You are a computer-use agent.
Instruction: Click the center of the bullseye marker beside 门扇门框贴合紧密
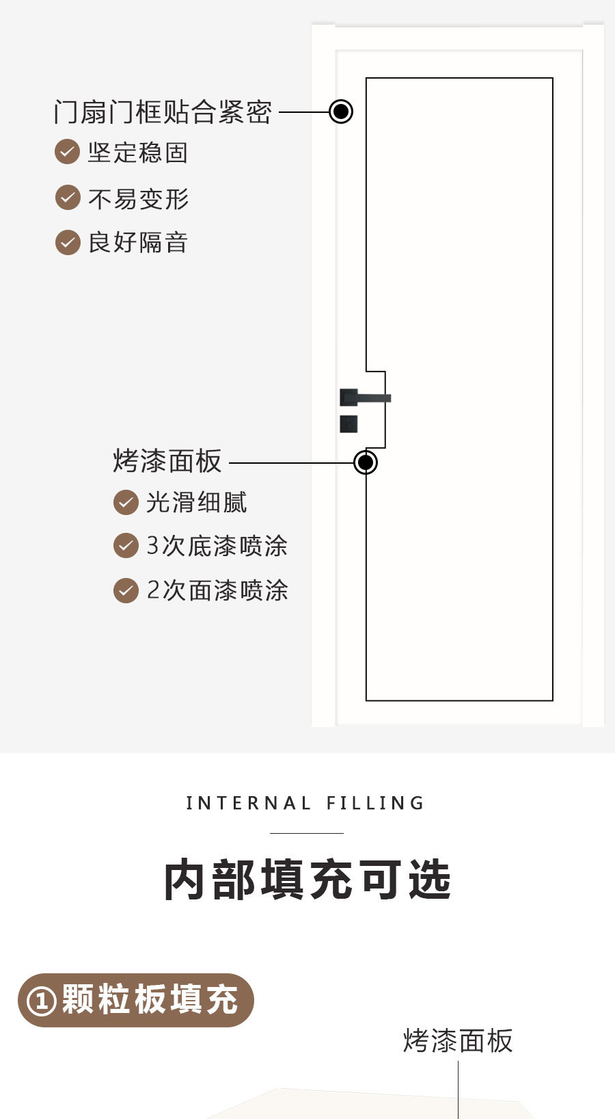pyautogui.click(x=341, y=111)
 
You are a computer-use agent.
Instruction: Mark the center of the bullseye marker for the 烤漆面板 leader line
pyautogui.click(x=366, y=462)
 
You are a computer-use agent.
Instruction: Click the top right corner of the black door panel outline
pyautogui.click(x=553, y=78)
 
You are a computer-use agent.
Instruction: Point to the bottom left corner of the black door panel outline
pyautogui.click(x=366, y=700)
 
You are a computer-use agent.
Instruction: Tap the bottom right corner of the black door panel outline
pyautogui.click(x=553, y=700)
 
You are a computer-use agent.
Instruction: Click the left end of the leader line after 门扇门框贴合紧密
pyautogui.click(x=279, y=112)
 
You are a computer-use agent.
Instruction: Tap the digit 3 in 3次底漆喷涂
pyautogui.click(x=152, y=546)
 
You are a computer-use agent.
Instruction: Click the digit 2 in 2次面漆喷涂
pyautogui.click(x=153, y=590)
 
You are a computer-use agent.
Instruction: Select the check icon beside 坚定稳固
pyautogui.click(x=68, y=151)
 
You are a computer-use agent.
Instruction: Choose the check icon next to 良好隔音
pyautogui.click(x=68, y=243)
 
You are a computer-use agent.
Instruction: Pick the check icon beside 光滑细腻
pyautogui.click(x=126, y=503)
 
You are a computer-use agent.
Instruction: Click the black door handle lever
pyautogui.click(x=365, y=397)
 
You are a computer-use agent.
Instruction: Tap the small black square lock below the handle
pyautogui.click(x=348, y=423)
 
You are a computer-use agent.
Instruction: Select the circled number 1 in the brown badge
pyautogui.click(x=42, y=1001)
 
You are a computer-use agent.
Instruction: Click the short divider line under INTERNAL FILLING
pyautogui.click(x=307, y=833)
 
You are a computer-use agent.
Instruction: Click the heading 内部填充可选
pyautogui.click(x=307, y=880)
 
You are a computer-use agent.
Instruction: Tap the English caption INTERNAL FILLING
pyautogui.click(x=305, y=803)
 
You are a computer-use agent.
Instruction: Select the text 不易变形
pyautogui.click(x=139, y=199)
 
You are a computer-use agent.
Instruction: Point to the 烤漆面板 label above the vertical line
pyautogui.click(x=458, y=1041)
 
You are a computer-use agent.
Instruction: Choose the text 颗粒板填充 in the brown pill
pyautogui.click(x=150, y=999)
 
